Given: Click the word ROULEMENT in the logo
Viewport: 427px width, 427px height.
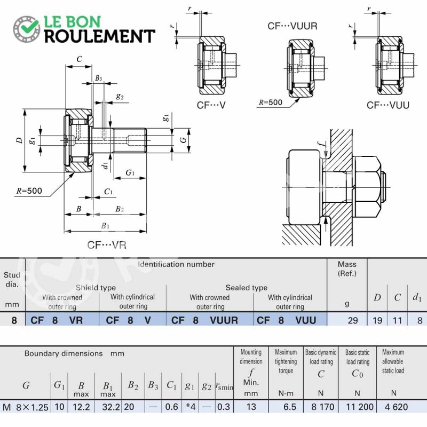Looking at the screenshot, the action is (x=100, y=36).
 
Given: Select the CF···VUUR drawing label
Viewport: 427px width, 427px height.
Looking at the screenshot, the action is (x=292, y=26).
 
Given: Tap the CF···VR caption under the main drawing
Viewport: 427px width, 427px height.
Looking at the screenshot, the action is (x=107, y=245).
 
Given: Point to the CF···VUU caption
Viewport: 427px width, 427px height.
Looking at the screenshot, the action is (x=388, y=105).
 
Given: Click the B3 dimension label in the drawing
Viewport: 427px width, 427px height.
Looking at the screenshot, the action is (x=98, y=78).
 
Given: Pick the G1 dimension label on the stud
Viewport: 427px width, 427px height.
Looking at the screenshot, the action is (x=130, y=172).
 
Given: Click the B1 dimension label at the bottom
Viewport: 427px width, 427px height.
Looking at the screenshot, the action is (x=105, y=225).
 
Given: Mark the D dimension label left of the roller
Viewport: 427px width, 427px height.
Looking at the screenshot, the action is (x=19, y=140).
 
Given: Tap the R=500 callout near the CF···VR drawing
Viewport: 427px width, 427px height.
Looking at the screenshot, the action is (x=29, y=191).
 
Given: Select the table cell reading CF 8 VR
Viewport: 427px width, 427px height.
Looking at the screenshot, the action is (x=57, y=320).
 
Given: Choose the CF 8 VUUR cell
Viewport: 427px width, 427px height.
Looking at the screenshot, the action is (x=204, y=320).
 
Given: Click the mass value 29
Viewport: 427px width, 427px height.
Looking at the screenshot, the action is (x=353, y=320).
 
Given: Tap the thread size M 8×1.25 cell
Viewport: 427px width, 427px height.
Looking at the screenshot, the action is (x=26, y=407).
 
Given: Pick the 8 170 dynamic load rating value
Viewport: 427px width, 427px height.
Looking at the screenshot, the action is (x=323, y=407).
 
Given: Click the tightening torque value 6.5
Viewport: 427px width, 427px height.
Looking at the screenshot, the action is (x=290, y=407).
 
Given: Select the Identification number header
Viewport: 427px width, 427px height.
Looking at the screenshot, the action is (x=176, y=264).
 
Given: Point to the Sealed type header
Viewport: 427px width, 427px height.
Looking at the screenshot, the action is (x=247, y=288).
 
